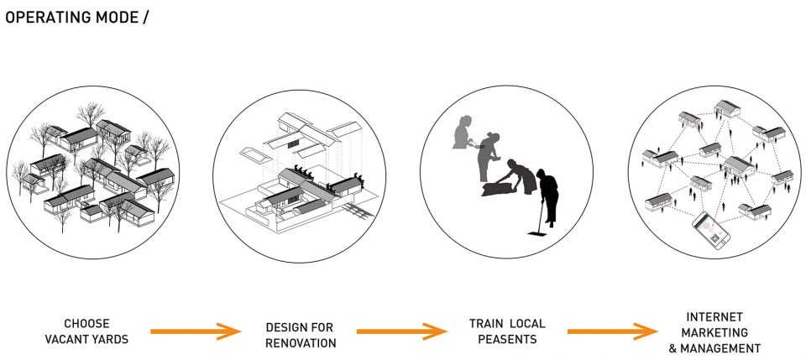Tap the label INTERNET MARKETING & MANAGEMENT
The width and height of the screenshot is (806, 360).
click(714, 331)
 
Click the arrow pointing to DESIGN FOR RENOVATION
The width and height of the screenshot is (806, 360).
click(196, 331)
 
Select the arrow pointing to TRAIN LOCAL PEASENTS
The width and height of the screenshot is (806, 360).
click(401, 331)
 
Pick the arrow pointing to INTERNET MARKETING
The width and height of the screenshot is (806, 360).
click(611, 331)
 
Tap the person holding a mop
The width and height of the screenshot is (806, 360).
click(547, 197)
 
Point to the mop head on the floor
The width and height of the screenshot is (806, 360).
click(535, 237)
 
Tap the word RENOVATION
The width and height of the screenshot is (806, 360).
click(301, 342)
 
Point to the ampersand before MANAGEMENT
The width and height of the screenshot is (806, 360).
click(673, 347)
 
